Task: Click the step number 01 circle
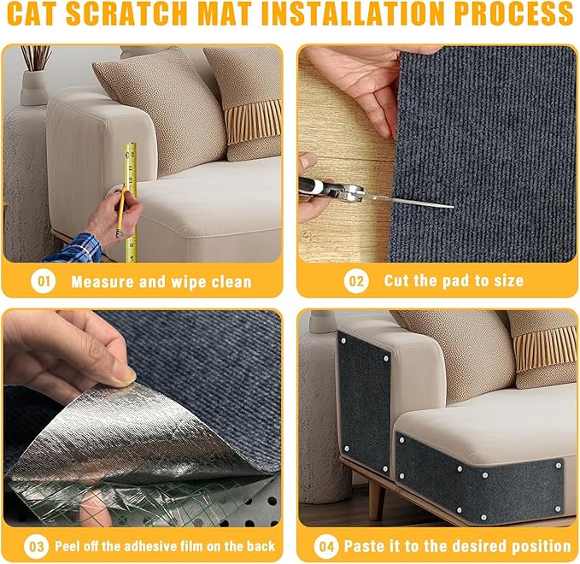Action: [x=43, y=281]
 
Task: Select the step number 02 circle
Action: [x=356, y=281]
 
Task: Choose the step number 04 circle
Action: [x=325, y=545]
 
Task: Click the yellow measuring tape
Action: [x=131, y=201]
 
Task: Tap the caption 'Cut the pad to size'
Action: [x=454, y=281]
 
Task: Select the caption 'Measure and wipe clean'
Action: [x=161, y=281]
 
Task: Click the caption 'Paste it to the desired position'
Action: [x=457, y=545]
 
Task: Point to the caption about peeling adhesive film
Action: [x=165, y=545]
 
